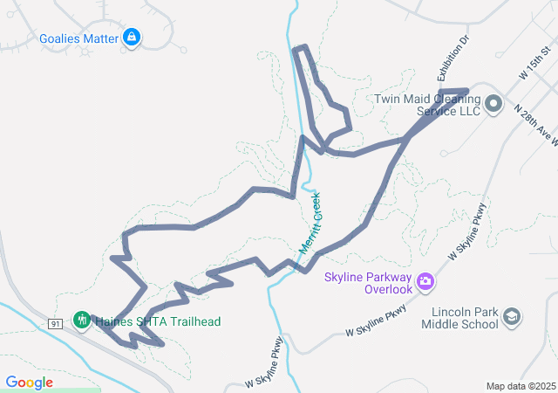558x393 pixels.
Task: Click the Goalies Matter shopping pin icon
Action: [x=131, y=38]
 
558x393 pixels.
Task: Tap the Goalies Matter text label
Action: [x=79, y=38]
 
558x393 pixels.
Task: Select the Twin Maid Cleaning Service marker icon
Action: [x=493, y=105]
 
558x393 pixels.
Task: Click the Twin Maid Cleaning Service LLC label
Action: [x=427, y=105]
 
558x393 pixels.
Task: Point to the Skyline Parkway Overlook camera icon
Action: [x=425, y=280]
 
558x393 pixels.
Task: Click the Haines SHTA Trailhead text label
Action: [x=157, y=321]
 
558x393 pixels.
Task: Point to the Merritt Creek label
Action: [x=310, y=224]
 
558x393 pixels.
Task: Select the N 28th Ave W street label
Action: [x=534, y=126]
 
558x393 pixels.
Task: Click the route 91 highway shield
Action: [x=55, y=323]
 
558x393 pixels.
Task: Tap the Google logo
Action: [x=29, y=383]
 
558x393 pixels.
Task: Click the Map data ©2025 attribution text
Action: [x=520, y=385]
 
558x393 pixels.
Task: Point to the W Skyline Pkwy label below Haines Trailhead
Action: [x=263, y=364]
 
